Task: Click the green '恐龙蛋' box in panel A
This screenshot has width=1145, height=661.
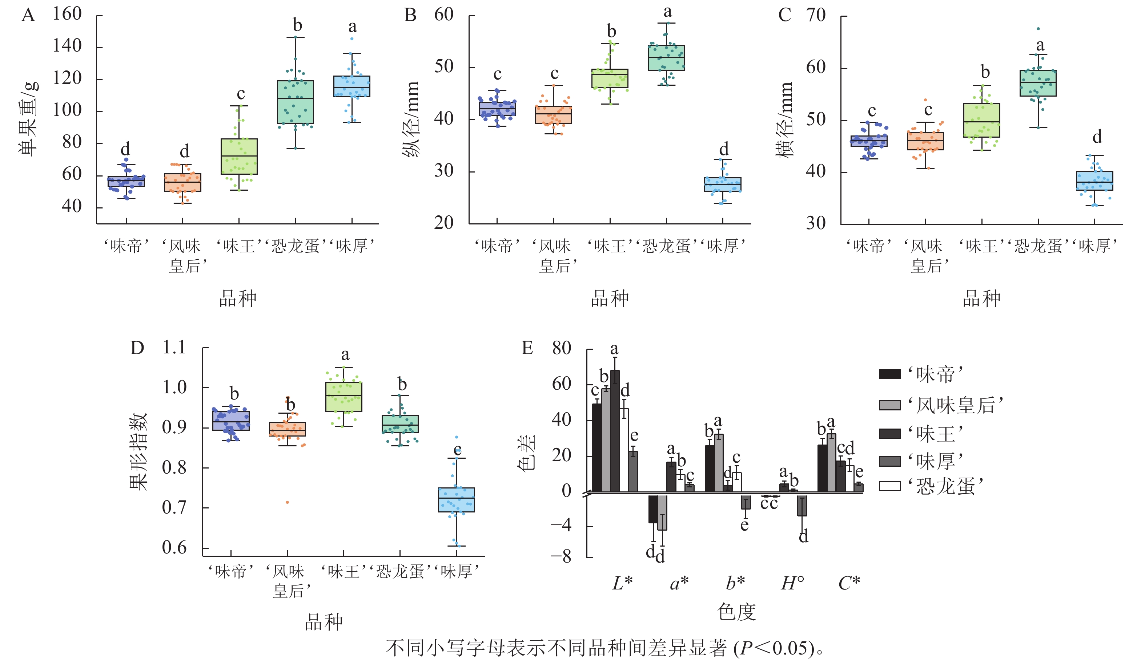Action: coord(295,102)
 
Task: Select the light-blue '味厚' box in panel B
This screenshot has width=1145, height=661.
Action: coord(723,184)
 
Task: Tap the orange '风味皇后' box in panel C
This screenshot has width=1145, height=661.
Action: coord(925,141)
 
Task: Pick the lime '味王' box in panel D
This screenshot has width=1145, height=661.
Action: coord(343,397)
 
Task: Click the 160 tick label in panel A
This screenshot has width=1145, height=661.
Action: coord(67,14)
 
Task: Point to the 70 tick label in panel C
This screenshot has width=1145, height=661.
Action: coord(816,15)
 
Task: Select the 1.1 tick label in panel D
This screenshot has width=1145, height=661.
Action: coord(174,348)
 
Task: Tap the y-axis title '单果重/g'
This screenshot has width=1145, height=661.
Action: coord(28,119)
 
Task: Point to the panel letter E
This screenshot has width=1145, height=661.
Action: coord(527,348)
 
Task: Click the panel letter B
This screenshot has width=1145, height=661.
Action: coord(410,15)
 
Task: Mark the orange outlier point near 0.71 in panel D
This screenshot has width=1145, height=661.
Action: coord(287,502)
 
